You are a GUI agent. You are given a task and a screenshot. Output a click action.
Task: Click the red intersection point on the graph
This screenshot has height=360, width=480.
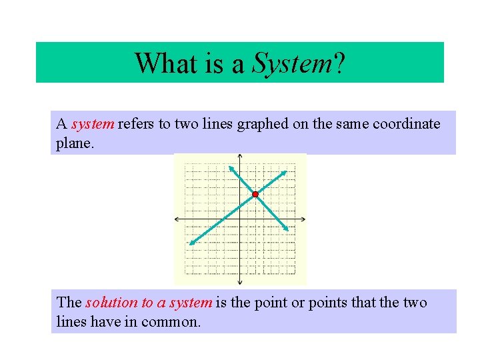click(255, 194)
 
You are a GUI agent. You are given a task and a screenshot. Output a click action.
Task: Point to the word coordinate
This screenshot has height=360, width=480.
click(406, 124)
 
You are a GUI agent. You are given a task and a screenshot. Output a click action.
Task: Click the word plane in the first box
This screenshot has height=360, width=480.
click(73, 143)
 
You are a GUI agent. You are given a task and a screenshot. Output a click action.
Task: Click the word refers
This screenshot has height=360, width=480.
click(135, 124)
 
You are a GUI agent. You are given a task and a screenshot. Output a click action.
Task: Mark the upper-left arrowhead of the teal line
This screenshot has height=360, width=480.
click(231, 167)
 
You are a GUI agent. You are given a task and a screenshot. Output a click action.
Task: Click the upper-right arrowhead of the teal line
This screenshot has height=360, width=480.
click(288, 171)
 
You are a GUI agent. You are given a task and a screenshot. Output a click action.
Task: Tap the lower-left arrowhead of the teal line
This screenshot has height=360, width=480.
click(190, 243)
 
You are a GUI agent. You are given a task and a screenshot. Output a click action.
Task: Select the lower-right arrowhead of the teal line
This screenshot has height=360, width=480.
click(287, 230)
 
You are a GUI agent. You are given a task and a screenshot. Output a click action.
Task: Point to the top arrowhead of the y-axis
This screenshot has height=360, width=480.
click(240, 157)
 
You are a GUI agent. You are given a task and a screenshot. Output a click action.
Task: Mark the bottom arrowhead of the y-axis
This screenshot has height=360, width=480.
click(240, 280)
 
